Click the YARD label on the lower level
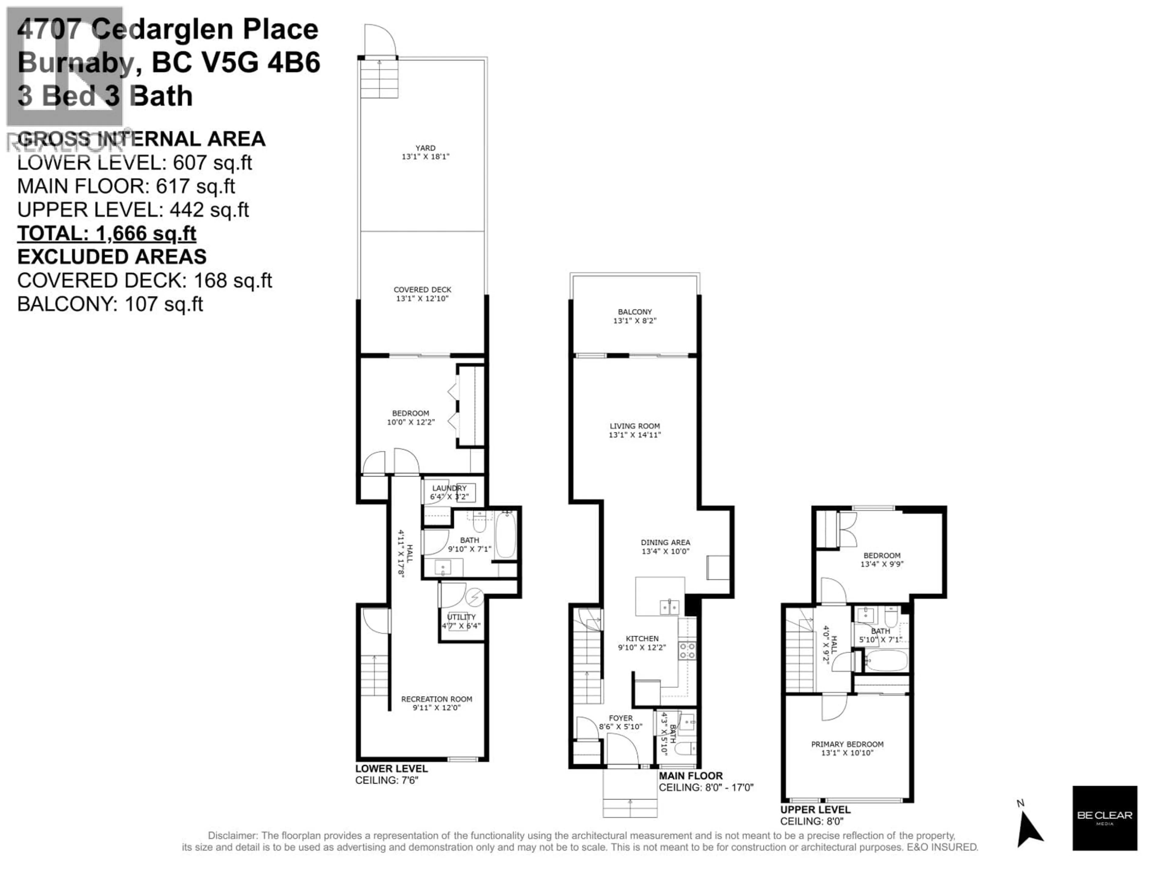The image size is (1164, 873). coord(425,148)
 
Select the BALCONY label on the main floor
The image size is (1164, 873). coord(635,312)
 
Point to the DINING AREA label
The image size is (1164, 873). coord(665,542)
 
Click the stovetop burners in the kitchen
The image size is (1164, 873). coord(686,651)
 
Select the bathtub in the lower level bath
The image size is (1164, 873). coord(506,535)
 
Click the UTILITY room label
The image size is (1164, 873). coord(461,617)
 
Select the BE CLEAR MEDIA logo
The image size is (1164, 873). coord(1105,818)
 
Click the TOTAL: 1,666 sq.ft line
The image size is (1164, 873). coord(107,233)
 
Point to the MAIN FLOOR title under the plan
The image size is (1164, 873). coord(691,776)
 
